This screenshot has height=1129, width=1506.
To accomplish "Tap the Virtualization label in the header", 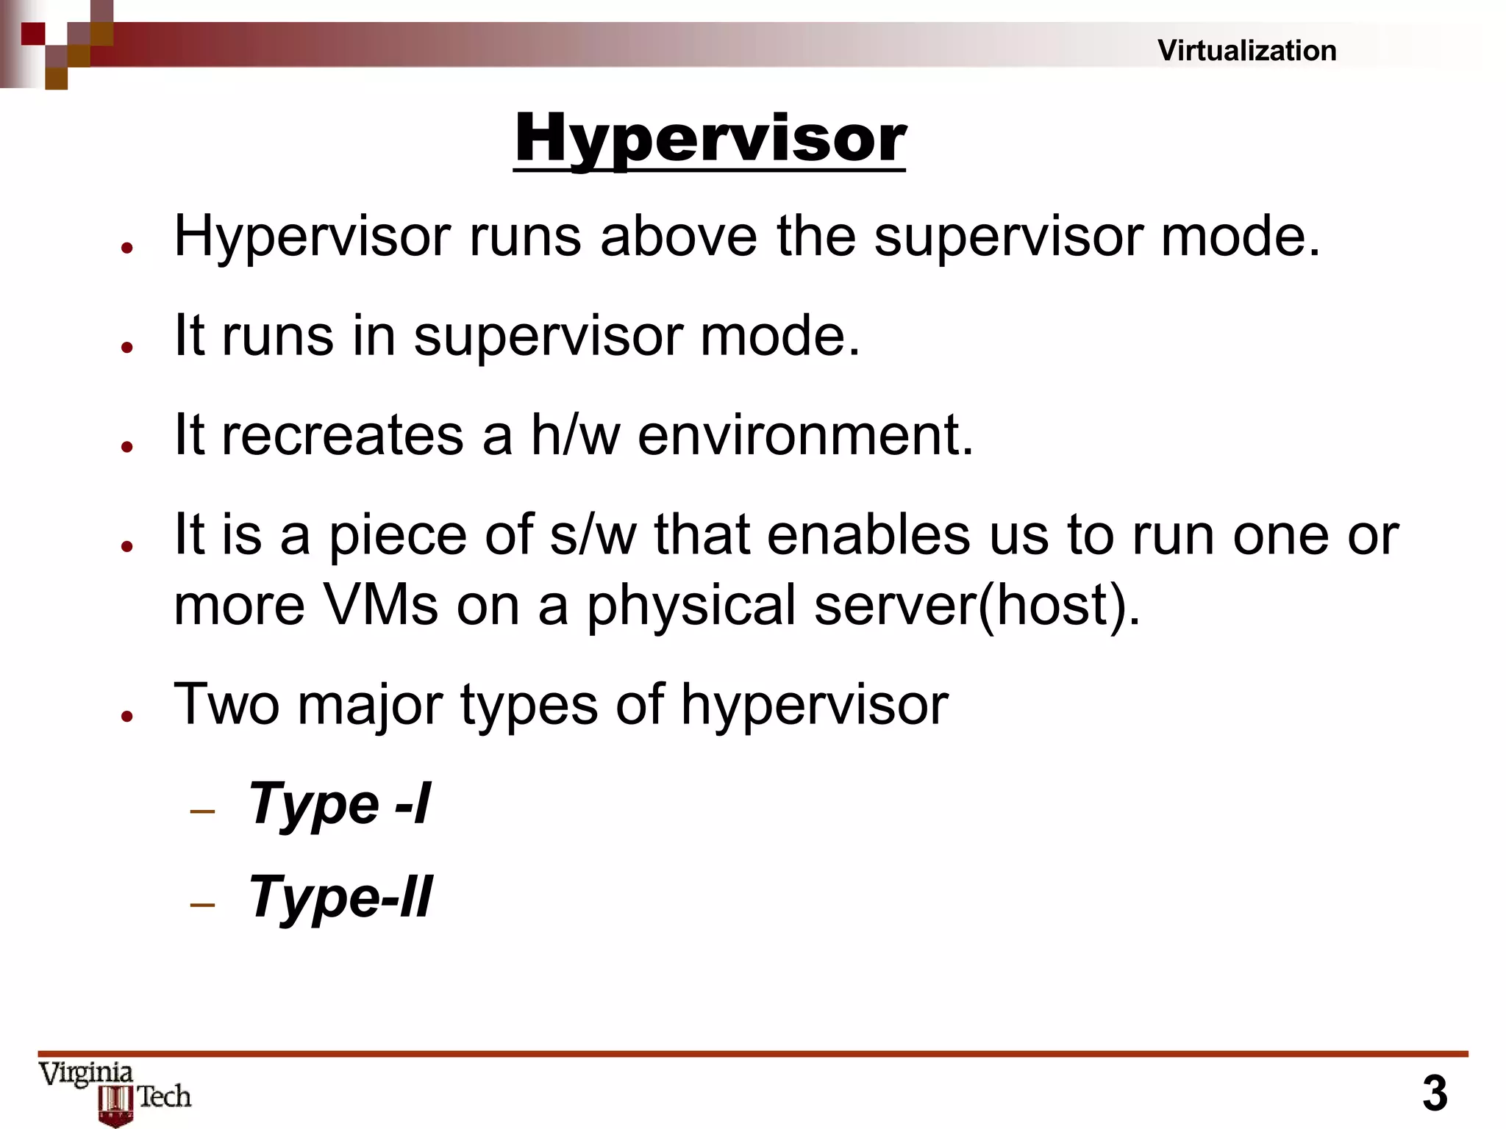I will (1246, 51).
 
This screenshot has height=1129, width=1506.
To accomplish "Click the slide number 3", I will (1435, 1093).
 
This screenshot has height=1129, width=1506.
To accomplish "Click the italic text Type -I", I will (340, 803).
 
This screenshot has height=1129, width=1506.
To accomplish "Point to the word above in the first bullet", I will (678, 237).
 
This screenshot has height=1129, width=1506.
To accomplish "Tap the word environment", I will (805, 434).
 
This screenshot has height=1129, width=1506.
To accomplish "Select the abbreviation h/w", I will (575, 434).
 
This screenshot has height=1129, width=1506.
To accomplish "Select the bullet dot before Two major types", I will (127, 715).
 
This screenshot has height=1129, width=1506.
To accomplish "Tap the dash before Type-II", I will (202, 904).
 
